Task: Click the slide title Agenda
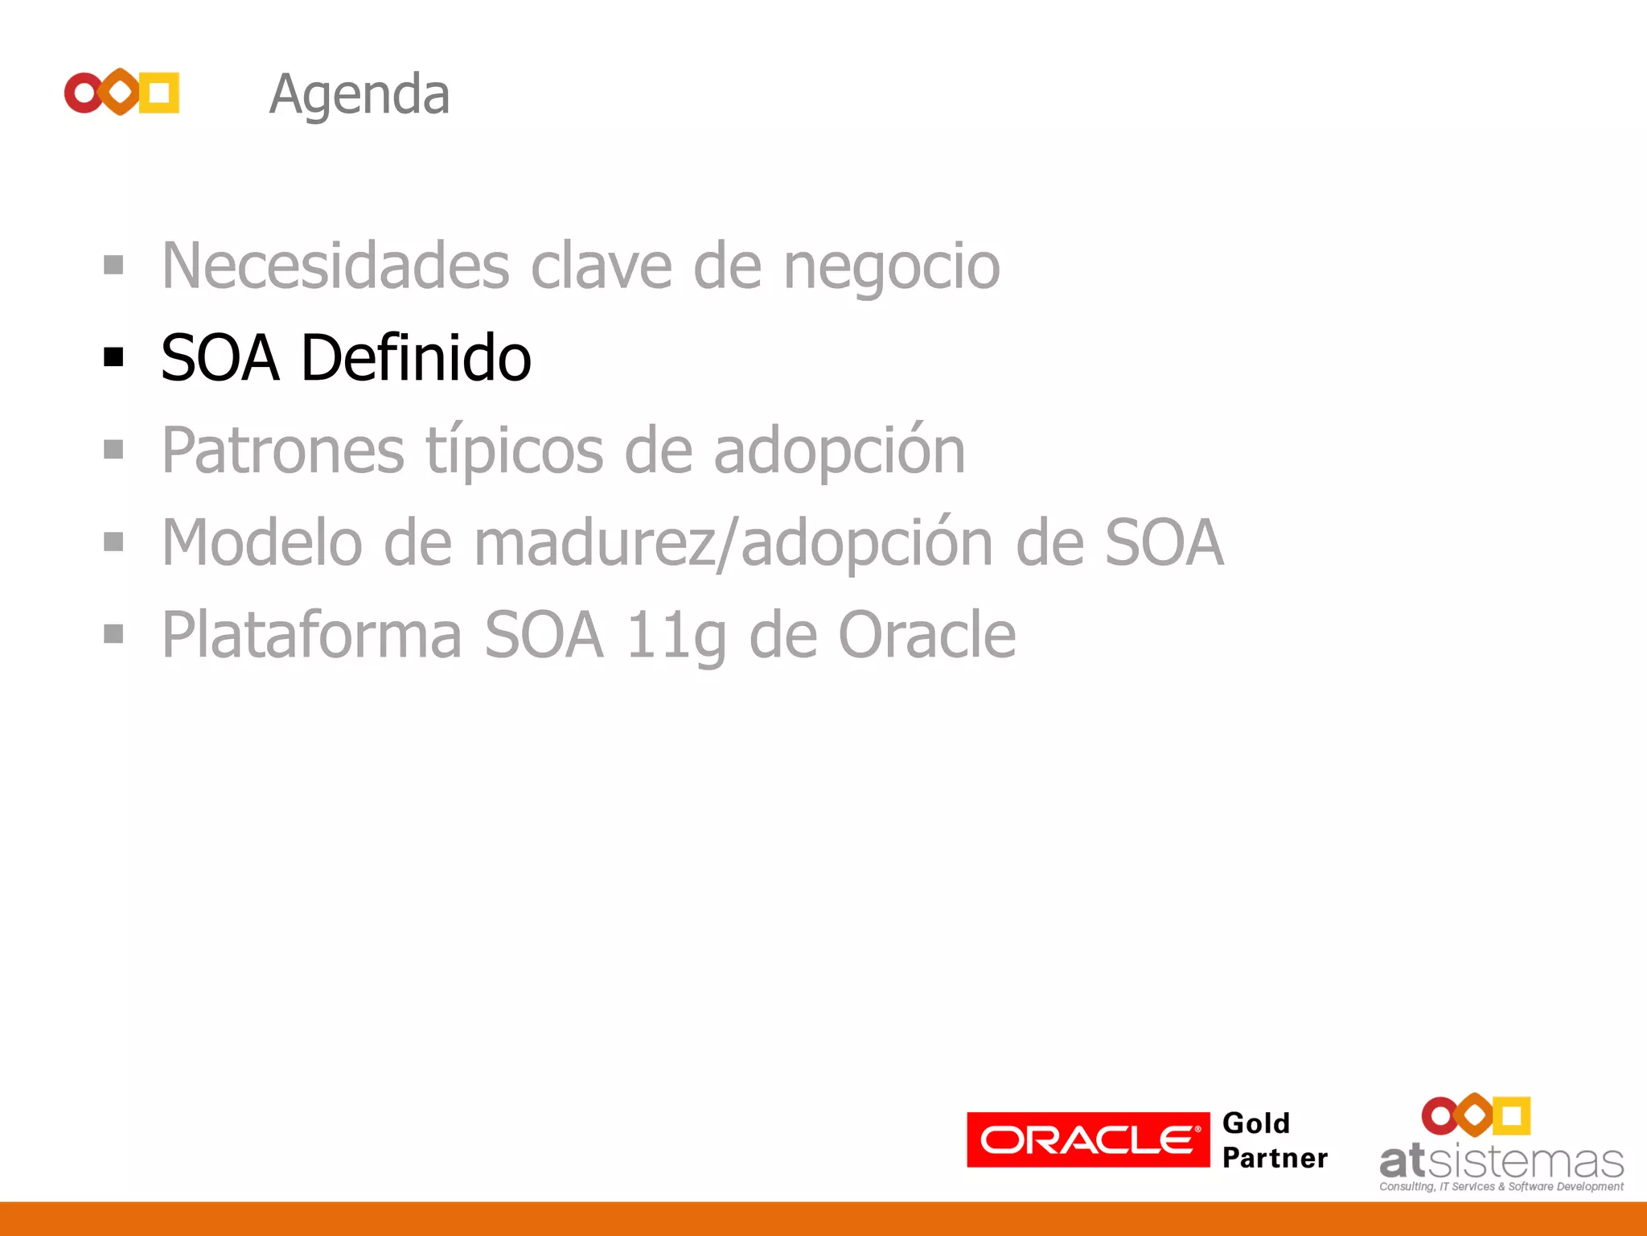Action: (x=359, y=95)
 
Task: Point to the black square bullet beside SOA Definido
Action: (x=113, y=356)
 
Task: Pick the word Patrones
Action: (x=282, y=451)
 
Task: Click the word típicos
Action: (x=514, y=451)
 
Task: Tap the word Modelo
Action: (x=262, y=543)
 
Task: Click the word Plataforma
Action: (x=312, y=636)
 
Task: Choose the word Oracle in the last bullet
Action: (x=926, y=636)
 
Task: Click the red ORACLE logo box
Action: (x=1087, y=1139)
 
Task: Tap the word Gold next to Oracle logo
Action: (x=1255, y=1123)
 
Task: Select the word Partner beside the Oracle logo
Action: (x=1275, y=1158)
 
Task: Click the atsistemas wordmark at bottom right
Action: (x=1501, y=1162)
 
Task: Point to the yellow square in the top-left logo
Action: (x=159, y=93)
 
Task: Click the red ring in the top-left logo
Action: (x=83, y=93)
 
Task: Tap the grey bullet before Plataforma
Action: (x=113, y=634)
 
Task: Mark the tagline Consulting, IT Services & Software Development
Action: (x=1501, y=1187)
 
